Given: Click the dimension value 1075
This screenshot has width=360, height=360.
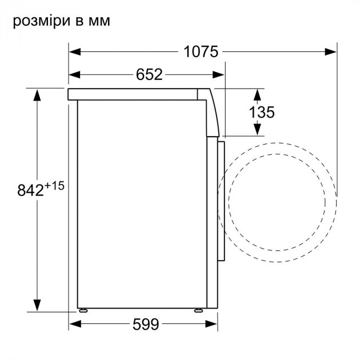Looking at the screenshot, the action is point(201,52).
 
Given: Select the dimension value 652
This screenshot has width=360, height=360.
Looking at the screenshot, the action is point(149,75).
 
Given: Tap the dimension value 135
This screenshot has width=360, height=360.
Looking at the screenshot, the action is point(262,112).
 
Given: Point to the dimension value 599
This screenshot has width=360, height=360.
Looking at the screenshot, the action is point(146,324).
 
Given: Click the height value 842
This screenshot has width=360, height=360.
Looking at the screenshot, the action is point(30,190).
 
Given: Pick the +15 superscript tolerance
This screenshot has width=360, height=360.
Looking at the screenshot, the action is point(54,186).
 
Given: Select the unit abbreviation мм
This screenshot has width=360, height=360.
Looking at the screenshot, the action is point(99,21).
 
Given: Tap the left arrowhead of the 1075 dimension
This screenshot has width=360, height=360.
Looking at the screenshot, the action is point(75,52).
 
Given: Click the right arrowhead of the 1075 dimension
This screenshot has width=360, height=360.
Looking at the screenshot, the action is point(331,52).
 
